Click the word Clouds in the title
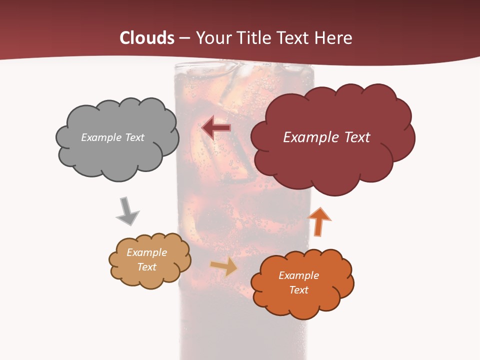(147, 38)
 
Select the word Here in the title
(335, 38)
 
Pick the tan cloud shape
(149, 277)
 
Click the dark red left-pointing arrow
(215, 127)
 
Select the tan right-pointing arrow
(224, 266)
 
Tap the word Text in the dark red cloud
(356, 137)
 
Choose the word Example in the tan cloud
(146, 252)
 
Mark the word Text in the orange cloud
(298, 290)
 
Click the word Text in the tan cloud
(146, 267)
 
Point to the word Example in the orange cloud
(298, 275)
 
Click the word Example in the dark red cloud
(310, 137)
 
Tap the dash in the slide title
(184, 38)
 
